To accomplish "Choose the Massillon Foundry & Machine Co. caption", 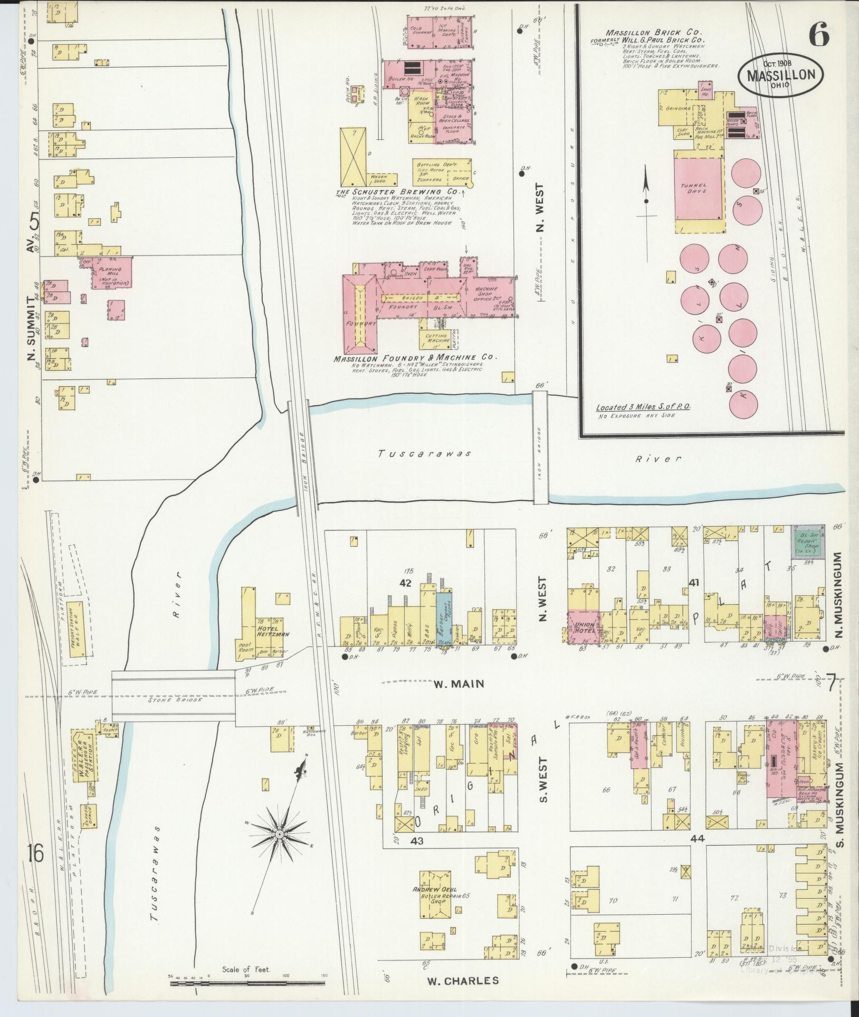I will click(415, 358).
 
